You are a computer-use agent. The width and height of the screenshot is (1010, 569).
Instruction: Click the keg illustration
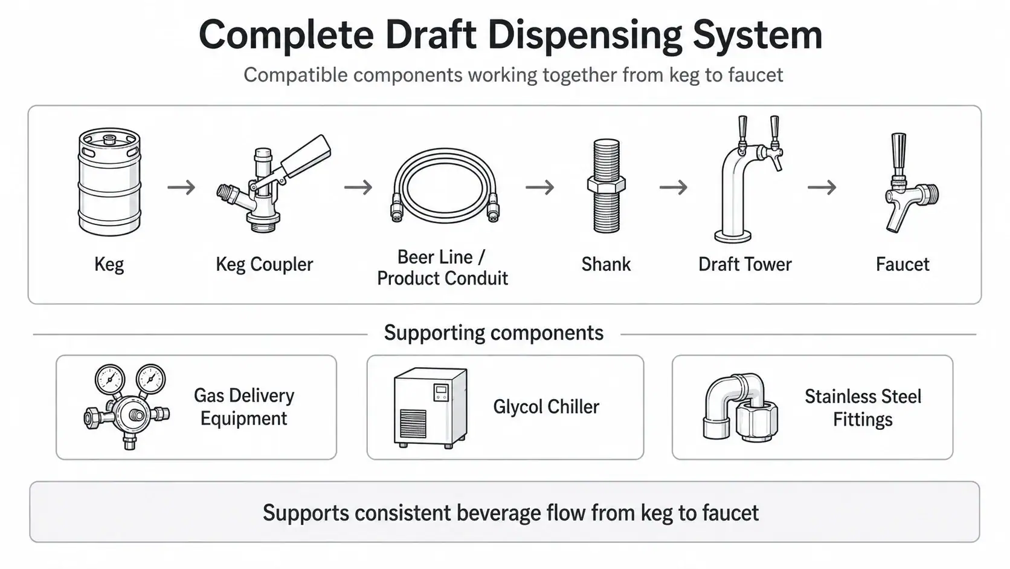(x=109, y=182)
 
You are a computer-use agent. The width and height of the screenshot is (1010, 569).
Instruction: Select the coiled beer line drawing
(x=445, y=186)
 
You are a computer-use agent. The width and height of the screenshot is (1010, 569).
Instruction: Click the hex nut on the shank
(x=606, y=185)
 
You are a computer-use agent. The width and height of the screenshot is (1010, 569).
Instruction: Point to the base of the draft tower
(x=733, y=236)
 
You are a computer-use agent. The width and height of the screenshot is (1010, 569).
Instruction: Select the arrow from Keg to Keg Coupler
(x=181, y=187)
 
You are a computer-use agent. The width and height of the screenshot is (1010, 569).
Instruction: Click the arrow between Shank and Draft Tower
(x=674, y=187)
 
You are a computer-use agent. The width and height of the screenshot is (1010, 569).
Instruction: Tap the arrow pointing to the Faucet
(x=822, y=187)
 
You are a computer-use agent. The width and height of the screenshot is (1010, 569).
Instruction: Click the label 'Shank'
(x=605, y=264)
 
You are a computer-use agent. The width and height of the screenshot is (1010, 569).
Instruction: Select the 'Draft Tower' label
(x=745, y=264)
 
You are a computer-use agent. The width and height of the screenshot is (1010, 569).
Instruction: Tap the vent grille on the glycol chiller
(x=413, y=423)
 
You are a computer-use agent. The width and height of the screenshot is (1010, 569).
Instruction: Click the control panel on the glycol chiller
(x=441, y=392)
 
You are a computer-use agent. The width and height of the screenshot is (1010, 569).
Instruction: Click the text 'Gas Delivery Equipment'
(x=244, y=407)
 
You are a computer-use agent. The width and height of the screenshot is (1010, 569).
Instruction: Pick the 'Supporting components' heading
(x=494, y=333)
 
